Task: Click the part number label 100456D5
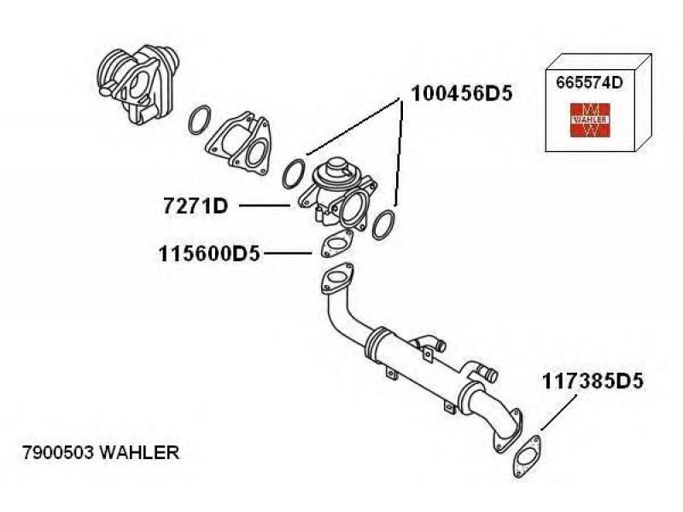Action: (x=461, y=92)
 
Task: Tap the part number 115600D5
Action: (x=208, y=253)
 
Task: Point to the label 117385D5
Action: (x=589, y=381)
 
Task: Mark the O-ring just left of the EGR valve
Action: (x=294, y=172)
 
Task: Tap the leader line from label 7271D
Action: (x=264, y=206)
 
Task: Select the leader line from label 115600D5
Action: (x=287, y=253)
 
